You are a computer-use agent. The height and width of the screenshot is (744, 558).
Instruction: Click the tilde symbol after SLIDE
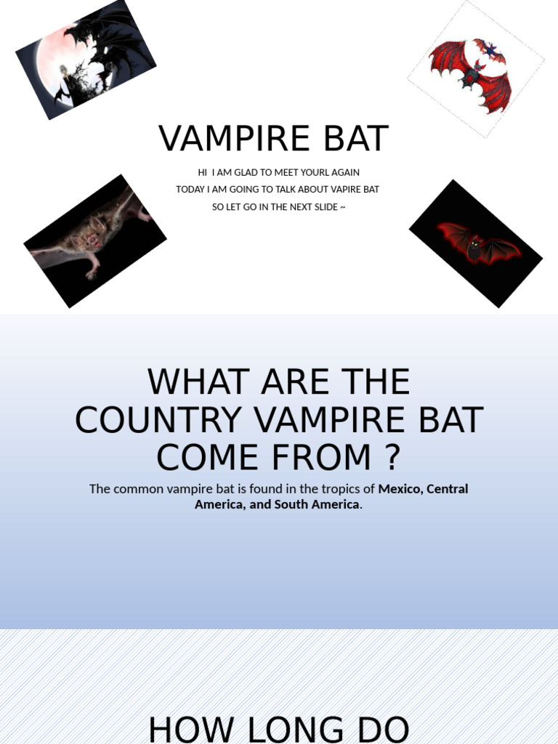(341, 207)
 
